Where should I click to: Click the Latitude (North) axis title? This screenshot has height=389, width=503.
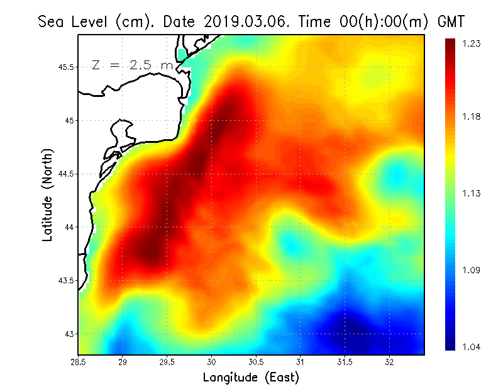(47, 194)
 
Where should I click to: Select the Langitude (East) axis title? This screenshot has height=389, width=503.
(251, 377)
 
